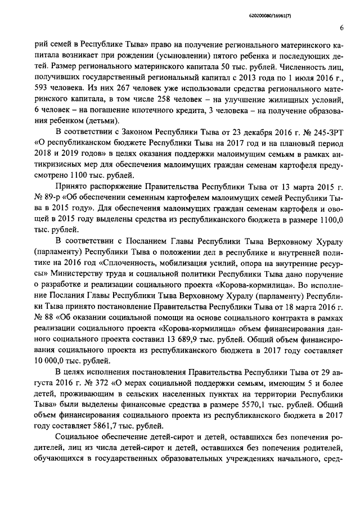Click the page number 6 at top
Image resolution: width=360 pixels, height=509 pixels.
tap(342, 28)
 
